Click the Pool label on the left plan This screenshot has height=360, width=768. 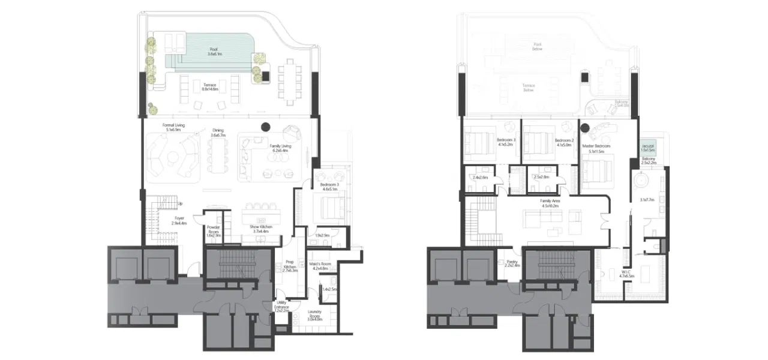click(214, 49)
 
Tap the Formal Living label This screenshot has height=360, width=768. click(173, 125)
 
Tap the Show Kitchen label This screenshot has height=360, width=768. click(261, 227)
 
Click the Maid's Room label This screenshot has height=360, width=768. click(321, 265)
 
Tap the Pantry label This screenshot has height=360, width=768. click(511, 262)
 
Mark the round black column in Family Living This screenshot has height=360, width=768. click(266, 127)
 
